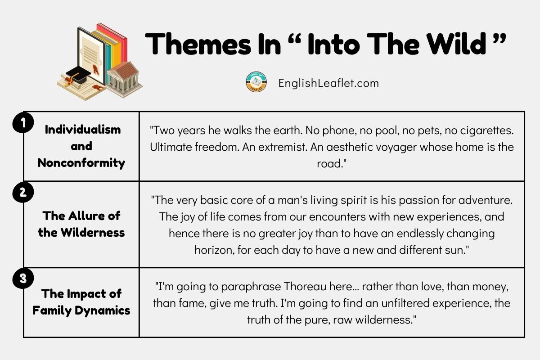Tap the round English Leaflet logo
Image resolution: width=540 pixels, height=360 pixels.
tap(256, 82)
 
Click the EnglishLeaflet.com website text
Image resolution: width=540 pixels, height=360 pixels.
tap(328, 83)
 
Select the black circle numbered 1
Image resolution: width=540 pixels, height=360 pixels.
tap(23, 122)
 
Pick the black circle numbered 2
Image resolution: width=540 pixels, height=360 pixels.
tap(23, 192)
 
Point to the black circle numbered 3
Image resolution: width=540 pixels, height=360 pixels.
tap(23, 278)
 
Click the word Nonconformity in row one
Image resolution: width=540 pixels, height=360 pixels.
tap(81, 163)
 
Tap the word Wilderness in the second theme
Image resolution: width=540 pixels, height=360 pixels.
tap(93, 233)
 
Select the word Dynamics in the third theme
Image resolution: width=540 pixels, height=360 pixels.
tap(103, 310)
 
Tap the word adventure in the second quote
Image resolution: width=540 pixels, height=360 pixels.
tap(485, 200)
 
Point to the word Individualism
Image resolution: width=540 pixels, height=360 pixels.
tap(83, 130)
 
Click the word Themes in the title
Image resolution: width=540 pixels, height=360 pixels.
tap(198, 44)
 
